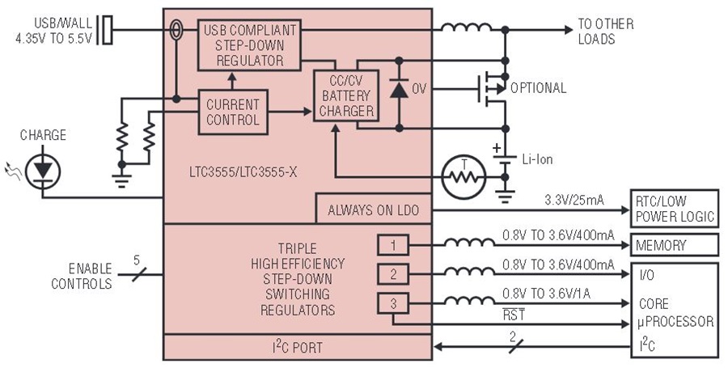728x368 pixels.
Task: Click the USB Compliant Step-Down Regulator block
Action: [249, 45]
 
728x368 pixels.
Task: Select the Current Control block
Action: [233, 112]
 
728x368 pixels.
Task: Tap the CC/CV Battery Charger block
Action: [346, 95]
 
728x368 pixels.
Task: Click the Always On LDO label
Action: [373, 210]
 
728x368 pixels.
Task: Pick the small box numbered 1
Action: [393, 245]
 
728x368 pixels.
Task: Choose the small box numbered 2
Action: [393, 274]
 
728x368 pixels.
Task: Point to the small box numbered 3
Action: [393, 303]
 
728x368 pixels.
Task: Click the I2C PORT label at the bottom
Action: [297, 347]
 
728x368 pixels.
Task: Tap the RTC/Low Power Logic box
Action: [674, 209]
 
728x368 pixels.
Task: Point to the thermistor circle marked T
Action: [463, 177]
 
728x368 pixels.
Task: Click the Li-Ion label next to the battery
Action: [537, 159]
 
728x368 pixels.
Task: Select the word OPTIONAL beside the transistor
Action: [539, 88]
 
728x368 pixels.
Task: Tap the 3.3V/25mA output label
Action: [574, 201]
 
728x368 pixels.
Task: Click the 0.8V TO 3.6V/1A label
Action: [547, 294]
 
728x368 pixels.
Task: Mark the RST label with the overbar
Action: [514, 315]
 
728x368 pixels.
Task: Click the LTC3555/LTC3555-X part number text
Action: [243, 172]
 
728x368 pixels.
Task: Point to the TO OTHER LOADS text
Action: [605, 31]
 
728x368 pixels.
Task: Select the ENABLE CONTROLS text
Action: [83, 276]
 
